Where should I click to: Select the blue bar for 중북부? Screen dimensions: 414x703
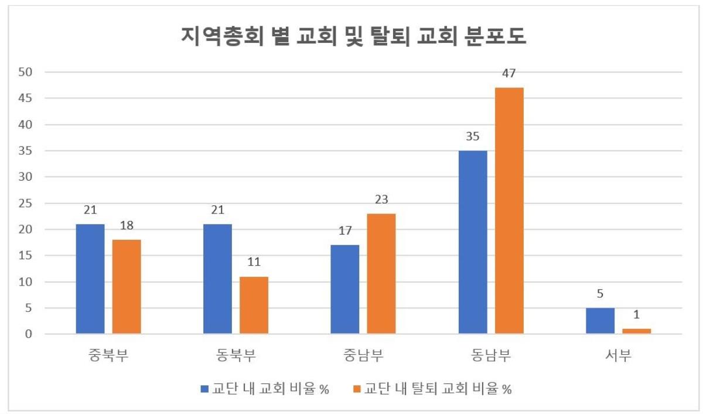tap(90, 279)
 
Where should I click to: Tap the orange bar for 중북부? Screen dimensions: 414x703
tap(127, 287)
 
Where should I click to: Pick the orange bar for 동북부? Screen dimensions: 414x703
tap(254, 305)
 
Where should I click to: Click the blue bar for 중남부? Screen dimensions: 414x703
tap(345, 290)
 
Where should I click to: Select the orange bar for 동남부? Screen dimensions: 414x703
tap(509, 211)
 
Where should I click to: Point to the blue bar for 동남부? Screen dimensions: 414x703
tap(473, 242)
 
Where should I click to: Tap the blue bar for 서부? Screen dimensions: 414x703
tap(600, 321)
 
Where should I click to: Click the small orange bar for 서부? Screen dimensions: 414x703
tap(636, 331)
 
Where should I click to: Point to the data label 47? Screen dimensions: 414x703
tap(509, 74)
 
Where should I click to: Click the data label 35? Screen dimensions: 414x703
tap(473, 137)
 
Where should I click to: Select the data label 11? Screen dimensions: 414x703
tap(254, 263)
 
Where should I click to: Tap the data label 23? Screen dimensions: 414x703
tap(381, 200)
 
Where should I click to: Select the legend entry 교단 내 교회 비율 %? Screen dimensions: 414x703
tap(264, 389)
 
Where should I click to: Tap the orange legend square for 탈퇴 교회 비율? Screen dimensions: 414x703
tap(357, 389)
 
